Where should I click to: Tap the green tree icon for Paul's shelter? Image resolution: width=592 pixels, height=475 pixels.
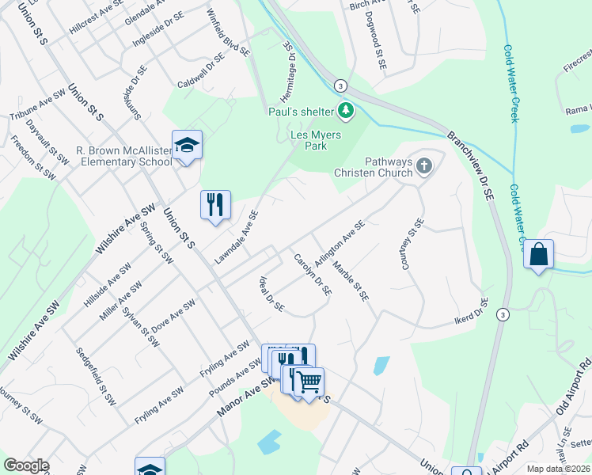pos(345,112)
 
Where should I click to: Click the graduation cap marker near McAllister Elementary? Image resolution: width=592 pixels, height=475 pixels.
pos(187,146)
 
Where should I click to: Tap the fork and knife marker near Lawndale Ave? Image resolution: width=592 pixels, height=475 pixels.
pos(215,205)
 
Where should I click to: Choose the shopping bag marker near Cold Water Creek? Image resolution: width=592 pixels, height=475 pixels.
pos(538,255)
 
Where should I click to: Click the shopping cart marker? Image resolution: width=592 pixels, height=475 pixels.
pos(309,382)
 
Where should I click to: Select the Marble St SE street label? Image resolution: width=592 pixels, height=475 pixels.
pos(351,281)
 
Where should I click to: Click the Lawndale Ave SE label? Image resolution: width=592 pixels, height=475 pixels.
pos(236,237)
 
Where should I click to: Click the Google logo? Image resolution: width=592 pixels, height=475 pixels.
pos(26,465)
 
